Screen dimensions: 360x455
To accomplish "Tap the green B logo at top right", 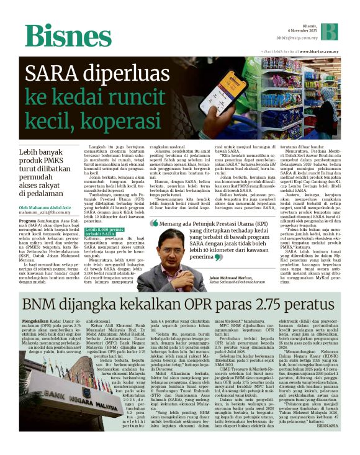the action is click(329, 32).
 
